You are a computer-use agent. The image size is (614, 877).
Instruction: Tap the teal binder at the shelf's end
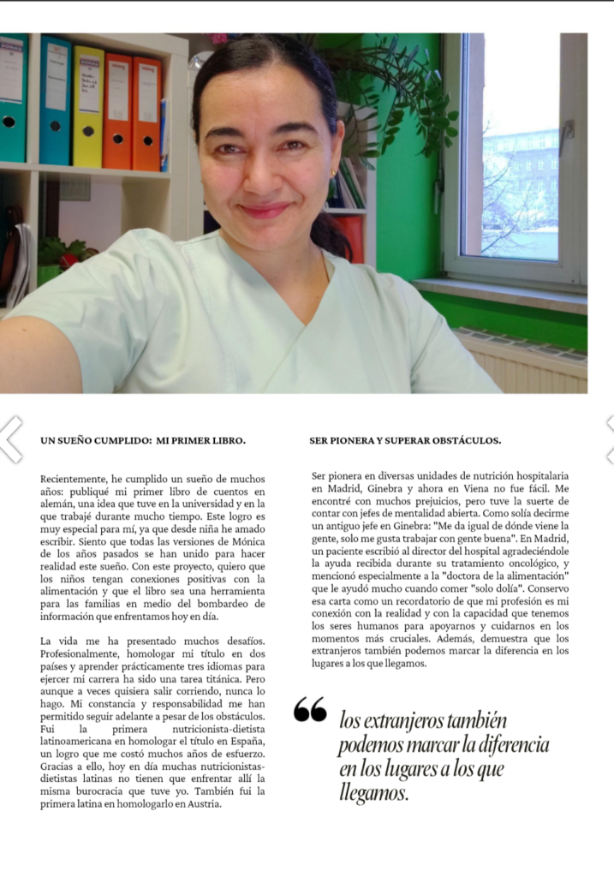(x=12, y=98)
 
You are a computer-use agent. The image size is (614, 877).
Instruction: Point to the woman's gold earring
(x=333, y=172)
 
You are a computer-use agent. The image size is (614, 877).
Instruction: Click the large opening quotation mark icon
(x=310, y=709)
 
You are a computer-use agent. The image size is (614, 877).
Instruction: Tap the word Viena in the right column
(x=463, y=488)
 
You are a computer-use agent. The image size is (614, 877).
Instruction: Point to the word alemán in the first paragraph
(x=59, y=504)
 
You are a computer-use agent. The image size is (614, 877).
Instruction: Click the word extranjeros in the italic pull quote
(x=410, y=720)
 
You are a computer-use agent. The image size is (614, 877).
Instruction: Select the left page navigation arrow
(x=9, y=439)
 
